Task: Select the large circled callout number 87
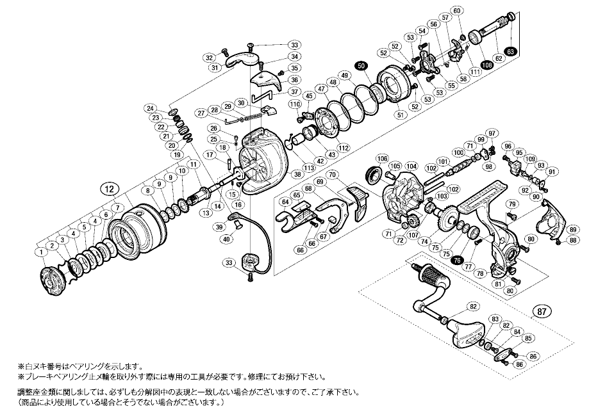click(x=542, y=312)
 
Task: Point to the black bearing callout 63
click(x=510, y=51)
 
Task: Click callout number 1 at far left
click(x=40, y=252)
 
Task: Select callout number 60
click(x=475, y=11)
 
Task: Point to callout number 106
click(x=383, y=159)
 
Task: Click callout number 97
click(x=492, y=133)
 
